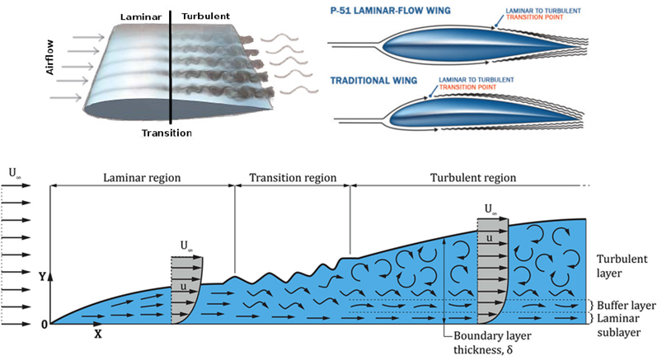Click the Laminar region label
tap(142, 178)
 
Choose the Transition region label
tap(293, 178)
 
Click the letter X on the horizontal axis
tap(97, 336)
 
